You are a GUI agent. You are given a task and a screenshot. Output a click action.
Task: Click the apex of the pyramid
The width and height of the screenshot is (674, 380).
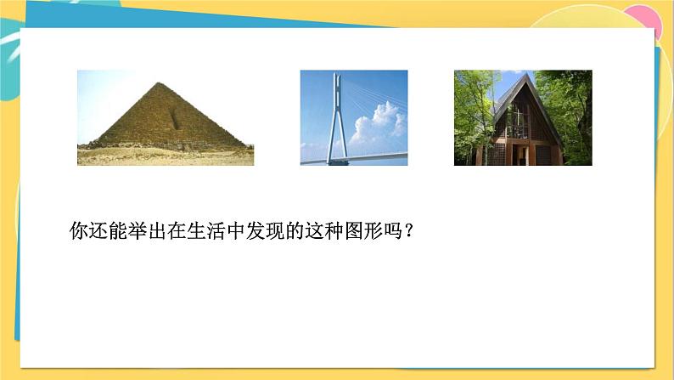point(160,82)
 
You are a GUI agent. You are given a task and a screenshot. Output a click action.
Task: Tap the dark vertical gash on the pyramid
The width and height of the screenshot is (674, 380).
point(175,119)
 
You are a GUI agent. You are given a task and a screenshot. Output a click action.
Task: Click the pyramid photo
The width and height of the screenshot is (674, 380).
point(166,117)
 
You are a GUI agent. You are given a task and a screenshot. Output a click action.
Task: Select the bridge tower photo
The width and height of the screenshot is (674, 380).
point(354,117)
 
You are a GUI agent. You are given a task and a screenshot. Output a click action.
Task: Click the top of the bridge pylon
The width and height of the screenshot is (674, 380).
point(337,76)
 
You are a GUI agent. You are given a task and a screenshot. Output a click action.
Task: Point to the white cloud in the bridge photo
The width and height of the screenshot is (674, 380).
point(379,125)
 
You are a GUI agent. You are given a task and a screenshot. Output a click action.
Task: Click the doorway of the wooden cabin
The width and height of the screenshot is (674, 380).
point(520,155)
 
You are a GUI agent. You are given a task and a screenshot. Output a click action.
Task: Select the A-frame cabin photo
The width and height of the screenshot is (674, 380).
point(523,117)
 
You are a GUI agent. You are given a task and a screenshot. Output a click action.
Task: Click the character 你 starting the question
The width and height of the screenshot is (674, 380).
point(79,230)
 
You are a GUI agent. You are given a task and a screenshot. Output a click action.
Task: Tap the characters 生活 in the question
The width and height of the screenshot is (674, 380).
point(207,230)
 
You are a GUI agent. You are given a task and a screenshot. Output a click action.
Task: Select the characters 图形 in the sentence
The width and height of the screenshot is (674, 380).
point(363,230)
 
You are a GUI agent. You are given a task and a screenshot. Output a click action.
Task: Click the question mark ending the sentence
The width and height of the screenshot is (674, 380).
point(408,231)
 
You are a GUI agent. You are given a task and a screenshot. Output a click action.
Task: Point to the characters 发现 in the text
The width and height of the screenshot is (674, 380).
point(265,230)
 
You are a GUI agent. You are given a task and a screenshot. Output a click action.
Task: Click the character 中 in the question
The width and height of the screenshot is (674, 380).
point(236,230)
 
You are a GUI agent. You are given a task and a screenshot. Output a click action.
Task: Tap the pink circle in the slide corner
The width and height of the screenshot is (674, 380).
point(645,20)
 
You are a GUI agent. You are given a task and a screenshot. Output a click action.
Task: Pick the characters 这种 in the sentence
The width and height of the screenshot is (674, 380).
point(324,230)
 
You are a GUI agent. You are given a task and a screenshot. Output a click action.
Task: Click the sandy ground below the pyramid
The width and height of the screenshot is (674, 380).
point(166,156)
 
